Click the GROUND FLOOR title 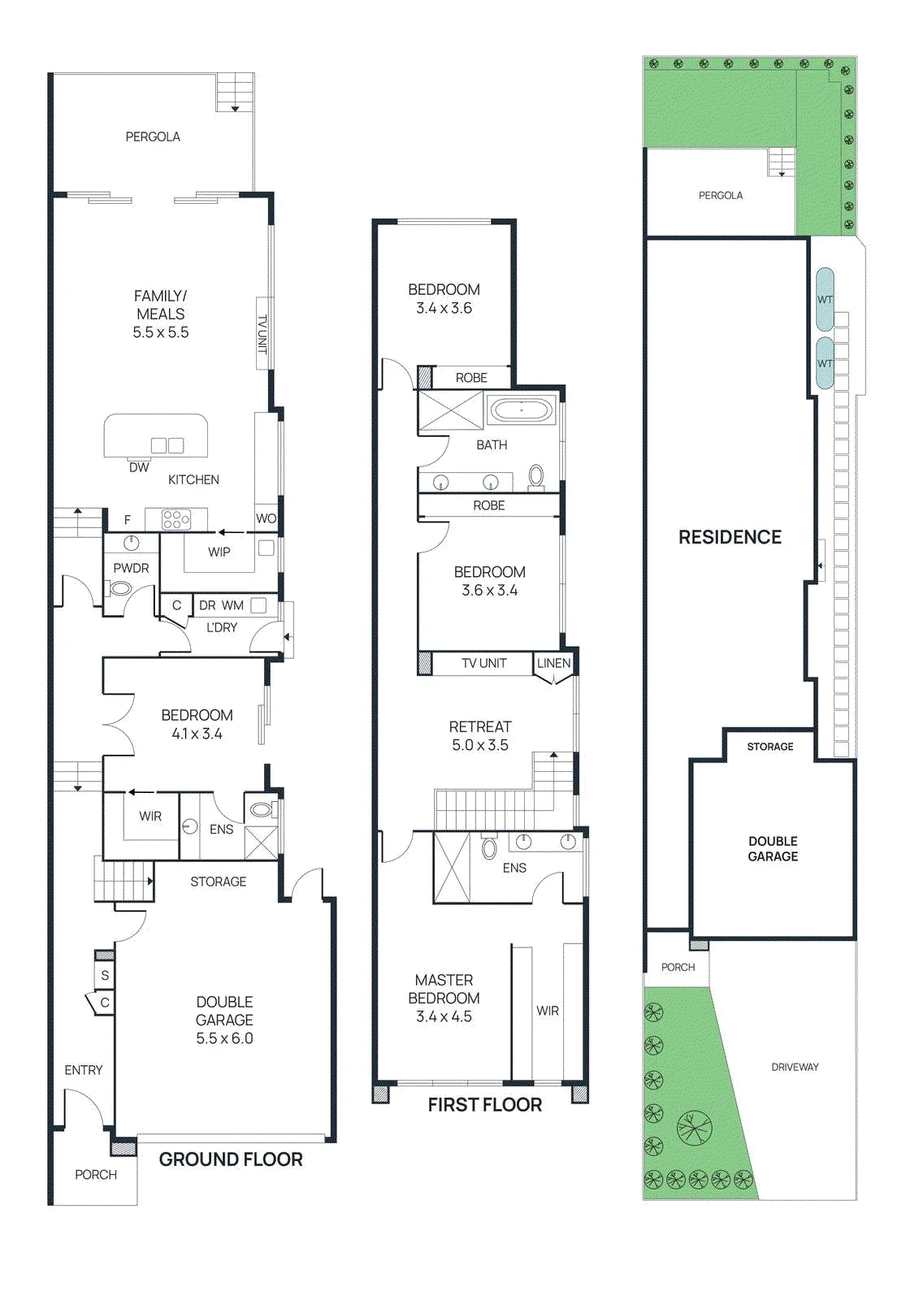(231, 1159)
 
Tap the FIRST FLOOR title (484, 1104)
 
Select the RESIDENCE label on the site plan (730, 537)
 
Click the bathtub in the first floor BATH (521, 409)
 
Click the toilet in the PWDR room (121, 588)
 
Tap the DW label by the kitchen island (139, 466)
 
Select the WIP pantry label (219, 552)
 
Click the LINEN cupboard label (553, 663)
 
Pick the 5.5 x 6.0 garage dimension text (224, 1038)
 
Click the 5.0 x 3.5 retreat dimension (480, 744)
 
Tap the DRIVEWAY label (795, 1067)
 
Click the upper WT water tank (825, 299)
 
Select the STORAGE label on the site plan (770, 747)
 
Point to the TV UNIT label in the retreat (484, 663)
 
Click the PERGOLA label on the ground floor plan (153, 136)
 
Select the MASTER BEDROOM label (444, 989)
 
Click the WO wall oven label (266, 518)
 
